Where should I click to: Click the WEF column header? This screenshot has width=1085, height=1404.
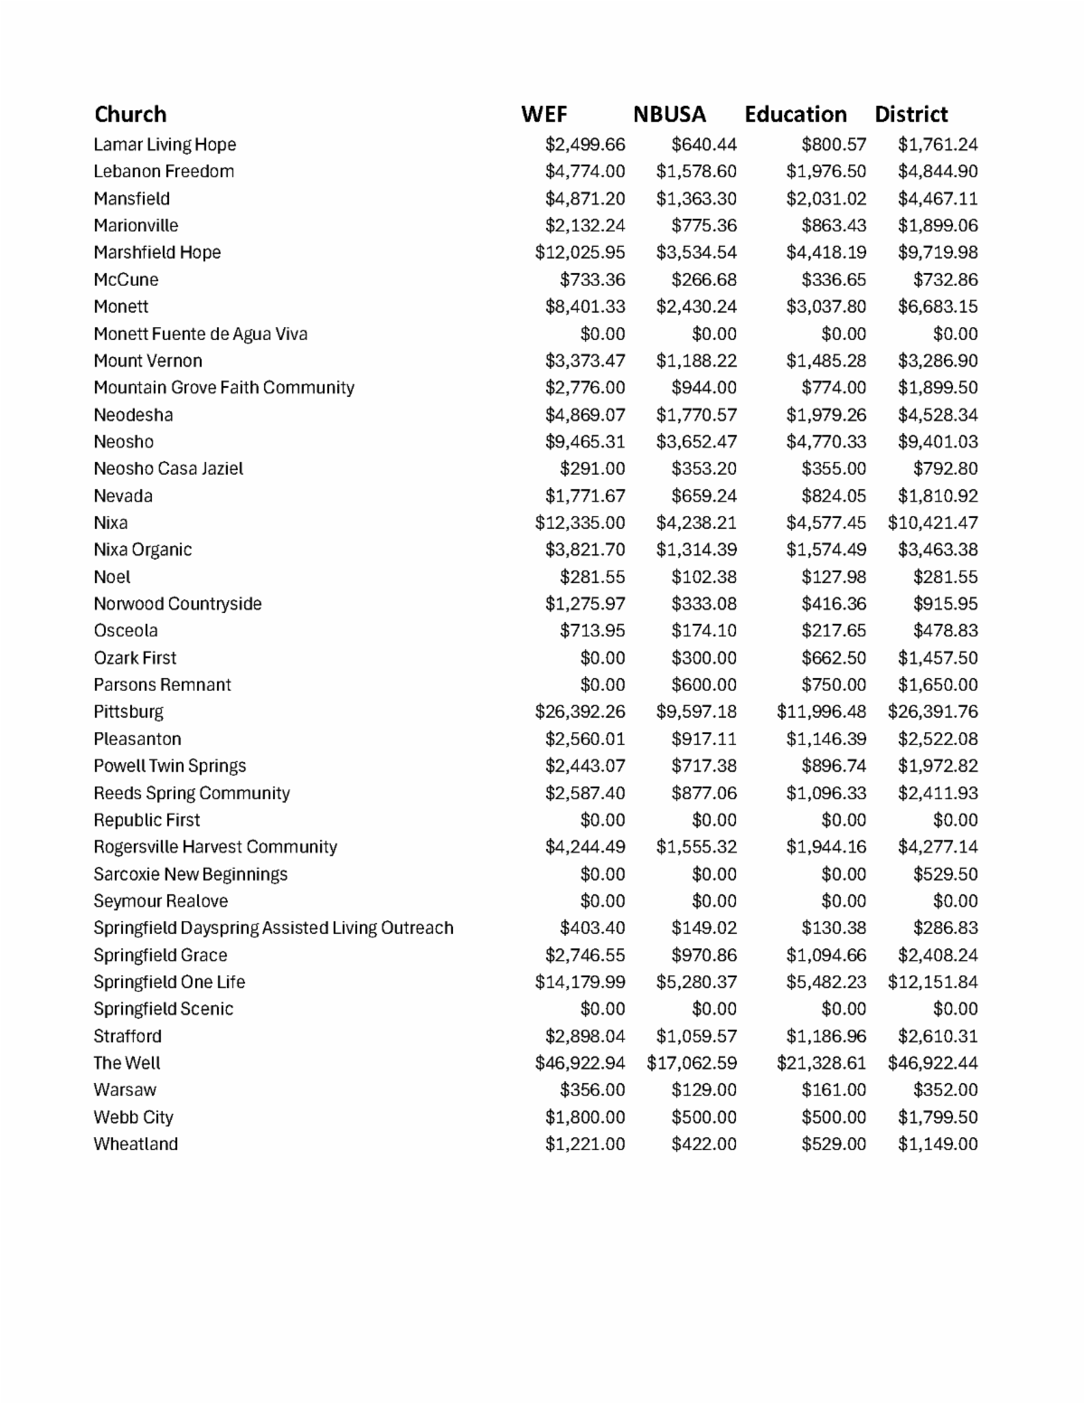544,115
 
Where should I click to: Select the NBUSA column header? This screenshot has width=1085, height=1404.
669,115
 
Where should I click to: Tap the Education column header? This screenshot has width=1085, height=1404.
796,115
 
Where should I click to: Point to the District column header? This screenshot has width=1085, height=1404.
910,115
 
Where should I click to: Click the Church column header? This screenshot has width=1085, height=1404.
130,115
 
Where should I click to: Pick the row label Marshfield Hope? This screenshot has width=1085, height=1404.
157,252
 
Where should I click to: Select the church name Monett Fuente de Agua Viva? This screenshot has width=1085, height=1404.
201,334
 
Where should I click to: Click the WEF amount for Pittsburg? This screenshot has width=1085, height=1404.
580,711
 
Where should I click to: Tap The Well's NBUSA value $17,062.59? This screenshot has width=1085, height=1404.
692,1063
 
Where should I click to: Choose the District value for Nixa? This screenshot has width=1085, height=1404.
932,523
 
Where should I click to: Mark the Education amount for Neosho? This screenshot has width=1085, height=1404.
826,442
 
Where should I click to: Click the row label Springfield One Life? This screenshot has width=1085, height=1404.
169,982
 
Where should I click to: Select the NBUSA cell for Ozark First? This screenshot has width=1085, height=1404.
703,658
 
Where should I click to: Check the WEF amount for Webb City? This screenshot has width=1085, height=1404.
585,1117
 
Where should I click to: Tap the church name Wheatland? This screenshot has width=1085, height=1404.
136,1145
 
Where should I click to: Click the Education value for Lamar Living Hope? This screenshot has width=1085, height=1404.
833,145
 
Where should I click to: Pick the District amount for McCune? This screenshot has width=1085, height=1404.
945,279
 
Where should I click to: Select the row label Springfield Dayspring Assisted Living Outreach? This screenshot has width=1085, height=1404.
273,928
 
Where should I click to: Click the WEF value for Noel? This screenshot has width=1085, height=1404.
592,577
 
